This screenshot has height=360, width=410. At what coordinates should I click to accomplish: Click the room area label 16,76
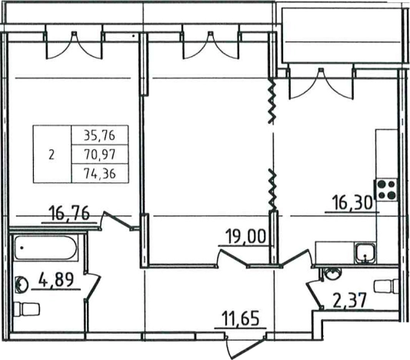69,213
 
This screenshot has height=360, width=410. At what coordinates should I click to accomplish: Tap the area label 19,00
245,236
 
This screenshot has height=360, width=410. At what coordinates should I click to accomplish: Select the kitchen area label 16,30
352,203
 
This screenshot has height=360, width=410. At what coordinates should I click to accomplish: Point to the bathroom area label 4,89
56,280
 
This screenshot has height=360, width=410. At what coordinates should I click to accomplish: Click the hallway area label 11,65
240,318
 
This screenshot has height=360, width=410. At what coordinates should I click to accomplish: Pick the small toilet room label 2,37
349,301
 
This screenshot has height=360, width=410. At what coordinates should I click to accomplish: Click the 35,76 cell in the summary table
100,135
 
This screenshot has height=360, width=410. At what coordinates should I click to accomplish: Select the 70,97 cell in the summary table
100,155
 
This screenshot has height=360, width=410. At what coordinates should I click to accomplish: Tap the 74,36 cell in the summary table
100,173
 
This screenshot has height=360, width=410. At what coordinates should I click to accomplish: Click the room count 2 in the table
52,155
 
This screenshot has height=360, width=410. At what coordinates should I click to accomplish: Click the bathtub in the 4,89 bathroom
46,248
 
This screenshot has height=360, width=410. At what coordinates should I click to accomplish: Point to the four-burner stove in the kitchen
387,190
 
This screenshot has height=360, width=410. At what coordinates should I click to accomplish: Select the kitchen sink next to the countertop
365,253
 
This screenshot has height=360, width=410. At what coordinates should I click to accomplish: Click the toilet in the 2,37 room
386,286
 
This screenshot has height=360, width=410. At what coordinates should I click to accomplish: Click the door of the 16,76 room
118,220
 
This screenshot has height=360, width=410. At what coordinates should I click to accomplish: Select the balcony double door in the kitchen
321,84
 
